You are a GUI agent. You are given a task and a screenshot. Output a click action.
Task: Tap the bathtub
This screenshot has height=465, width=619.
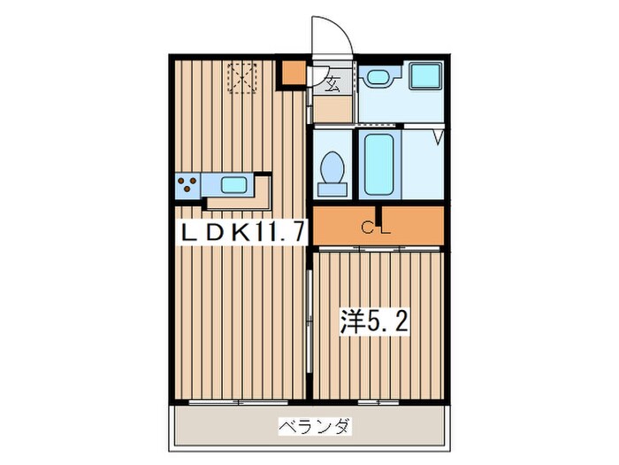pyautogui.click(x=378, y=167)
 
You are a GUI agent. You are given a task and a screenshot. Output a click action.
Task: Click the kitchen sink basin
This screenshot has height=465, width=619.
pyautogui.click(x=233, y=185)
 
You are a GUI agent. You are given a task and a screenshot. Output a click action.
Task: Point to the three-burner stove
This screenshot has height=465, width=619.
pyautogui.click(x=187, y=186)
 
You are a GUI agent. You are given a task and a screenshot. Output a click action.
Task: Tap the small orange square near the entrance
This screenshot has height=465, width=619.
pyautogui.click(x=293, y=74)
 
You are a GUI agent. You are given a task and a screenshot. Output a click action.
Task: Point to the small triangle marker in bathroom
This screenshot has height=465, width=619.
pyautogui.click(x=437, y=136)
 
